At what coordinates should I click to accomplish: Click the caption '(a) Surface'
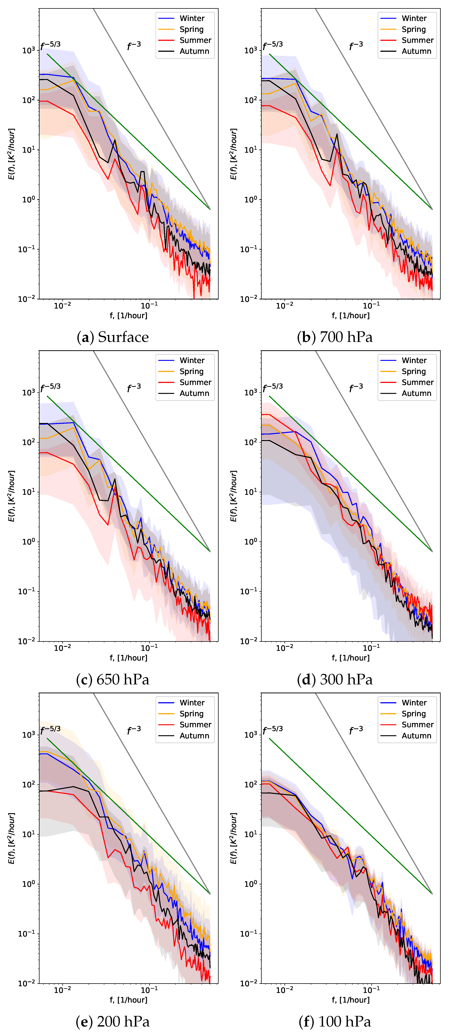[113, 337]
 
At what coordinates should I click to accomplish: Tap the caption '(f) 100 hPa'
[335, 1021]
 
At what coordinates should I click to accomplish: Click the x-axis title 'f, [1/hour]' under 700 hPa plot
[351, 316]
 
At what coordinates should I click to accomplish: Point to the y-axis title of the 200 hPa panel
[11, 838]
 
